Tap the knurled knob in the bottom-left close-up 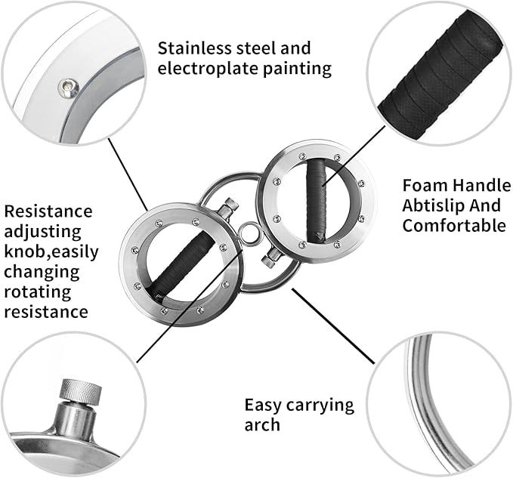click(80, 390)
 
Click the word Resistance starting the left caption click(48, 211)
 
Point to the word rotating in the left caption click(37, 291)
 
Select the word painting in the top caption click(300, 69)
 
